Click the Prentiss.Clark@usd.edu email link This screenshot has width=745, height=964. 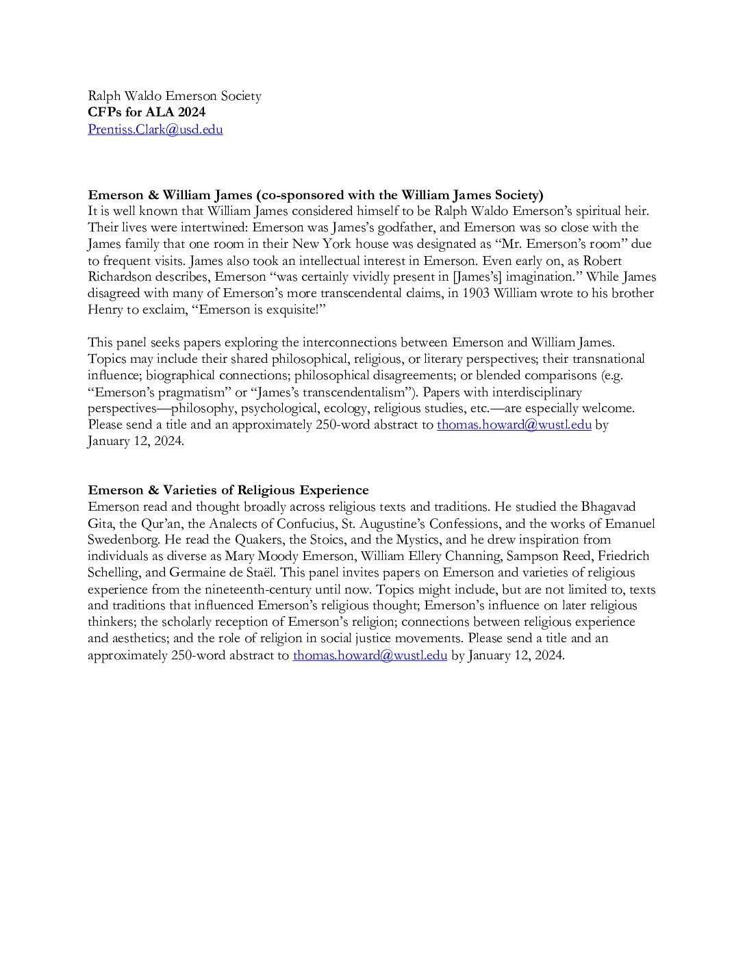click(x=155, y=129)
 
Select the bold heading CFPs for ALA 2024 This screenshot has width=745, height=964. click(x=146, y=112)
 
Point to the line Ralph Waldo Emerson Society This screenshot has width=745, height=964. click(x=174, y=96)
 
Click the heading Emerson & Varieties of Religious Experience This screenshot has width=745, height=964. click(x=228, y=490)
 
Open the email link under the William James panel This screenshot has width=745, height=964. click(x=514, y=424)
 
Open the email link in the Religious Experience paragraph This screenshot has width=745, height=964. click(x=370, y=655)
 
